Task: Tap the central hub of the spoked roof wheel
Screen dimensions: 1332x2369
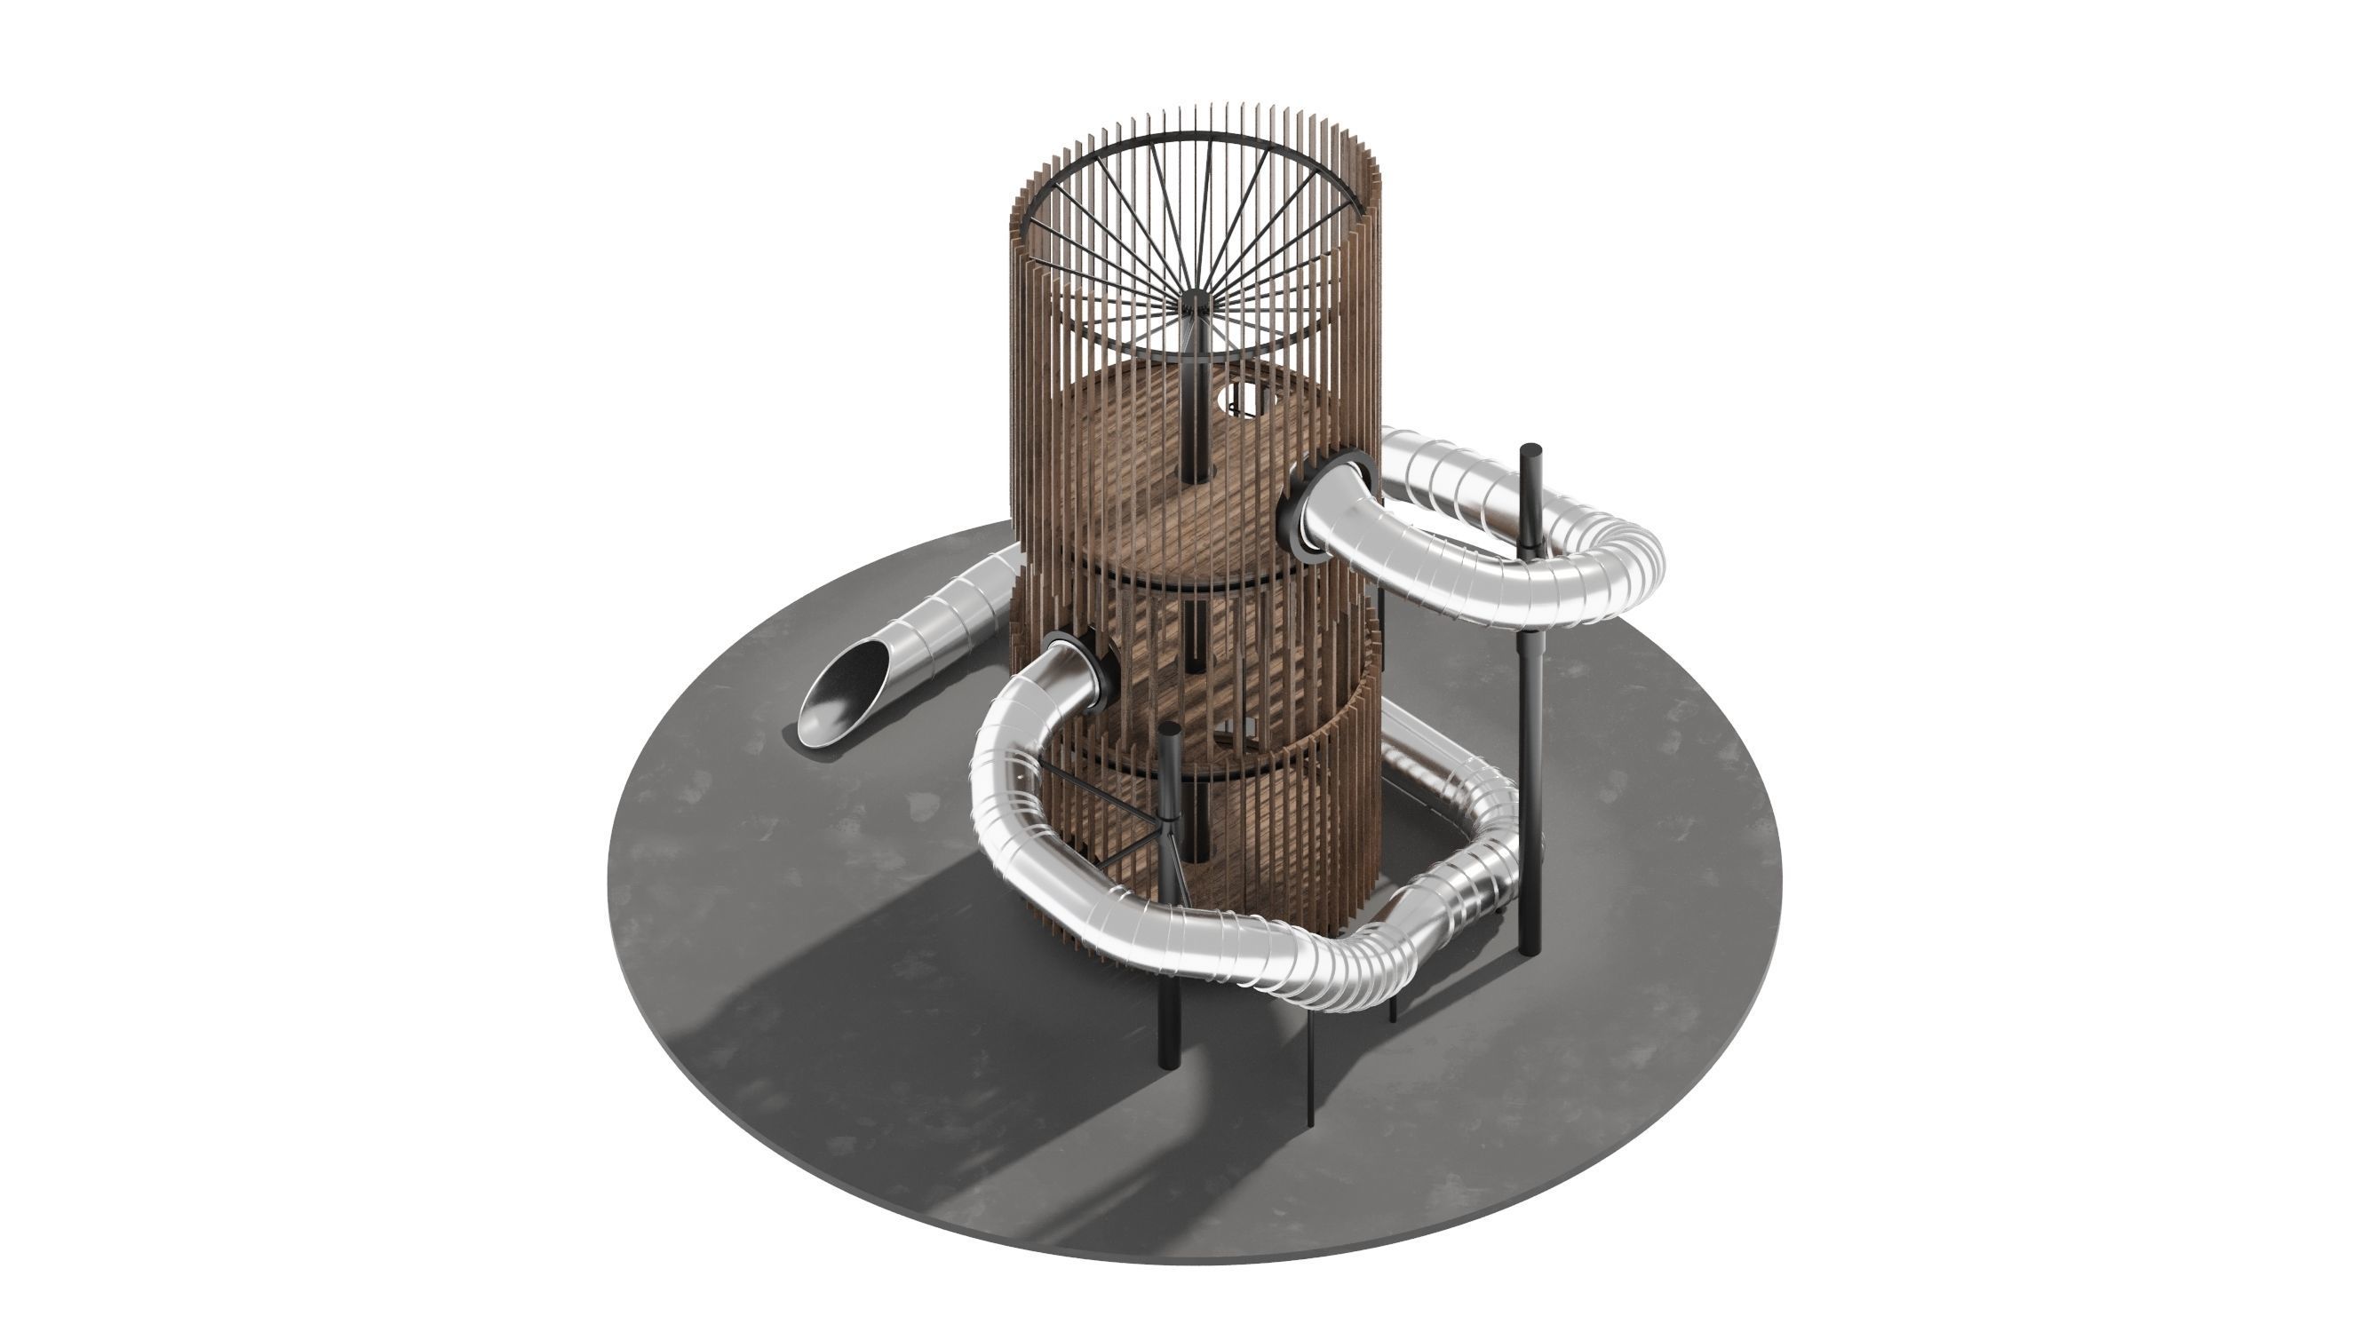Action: tap(1196, 301)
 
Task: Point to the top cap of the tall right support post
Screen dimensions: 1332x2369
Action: tap(1530, 450)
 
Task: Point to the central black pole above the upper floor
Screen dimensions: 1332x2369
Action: tap(1196, 404)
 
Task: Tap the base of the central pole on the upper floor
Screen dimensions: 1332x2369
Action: tap(1196, 476)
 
